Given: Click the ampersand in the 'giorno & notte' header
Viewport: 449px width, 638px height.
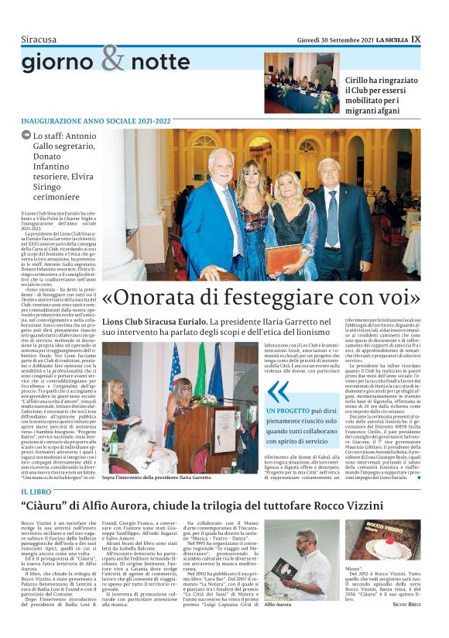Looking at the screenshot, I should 111,59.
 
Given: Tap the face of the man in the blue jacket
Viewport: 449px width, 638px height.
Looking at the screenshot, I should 221,164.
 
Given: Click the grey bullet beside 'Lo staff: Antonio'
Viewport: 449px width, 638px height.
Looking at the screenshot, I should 26,135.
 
